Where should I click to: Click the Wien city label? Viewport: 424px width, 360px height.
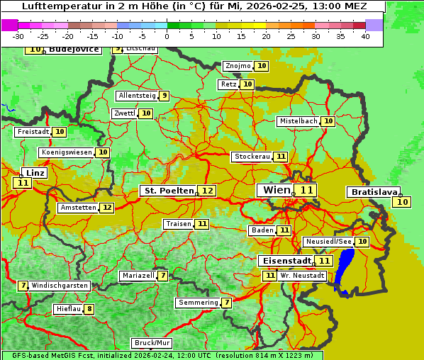pos(277,190)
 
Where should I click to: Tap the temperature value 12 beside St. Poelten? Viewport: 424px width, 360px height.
pos(207,191)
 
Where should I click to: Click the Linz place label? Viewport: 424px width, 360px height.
pos(35,173)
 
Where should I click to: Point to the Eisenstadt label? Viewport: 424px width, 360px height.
pos(284,261)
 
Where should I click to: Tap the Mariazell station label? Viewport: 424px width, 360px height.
pos(138,275)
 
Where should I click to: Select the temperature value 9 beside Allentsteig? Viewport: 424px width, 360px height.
pos(164,96)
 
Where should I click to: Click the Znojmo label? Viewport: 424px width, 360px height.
pos(238,66)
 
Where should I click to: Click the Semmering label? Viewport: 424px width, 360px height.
pos(198,303)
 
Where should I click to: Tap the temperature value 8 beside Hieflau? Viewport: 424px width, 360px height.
pos(89,309)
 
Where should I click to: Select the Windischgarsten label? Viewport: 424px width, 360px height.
pos(60,286)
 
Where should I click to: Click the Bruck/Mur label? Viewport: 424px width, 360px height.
pos(152,343)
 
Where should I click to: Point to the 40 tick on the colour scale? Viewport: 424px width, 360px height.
pos(364,36)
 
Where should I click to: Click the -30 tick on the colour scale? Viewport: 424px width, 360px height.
pos(18,36)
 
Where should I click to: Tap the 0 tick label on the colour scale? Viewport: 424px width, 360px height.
pos(167,36)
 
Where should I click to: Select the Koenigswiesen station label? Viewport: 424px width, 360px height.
pos(67,152)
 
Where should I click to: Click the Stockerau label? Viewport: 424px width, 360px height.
pos(252,157)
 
